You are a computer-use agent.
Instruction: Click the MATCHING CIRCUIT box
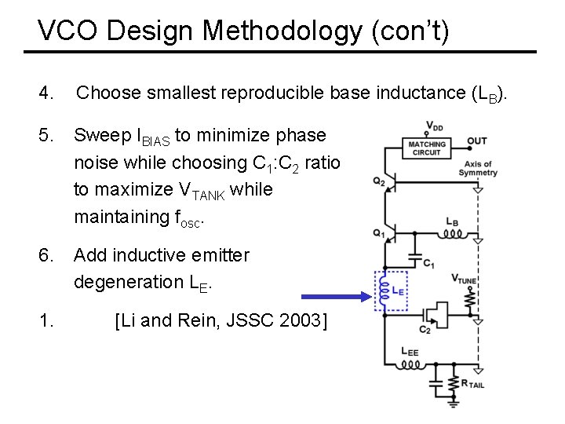coord(427,148)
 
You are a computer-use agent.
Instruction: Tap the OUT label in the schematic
coord(477,141)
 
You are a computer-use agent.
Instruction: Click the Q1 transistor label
coord(379,232)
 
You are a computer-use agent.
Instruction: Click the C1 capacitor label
coord(429,264)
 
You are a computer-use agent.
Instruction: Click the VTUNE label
coord(465,278)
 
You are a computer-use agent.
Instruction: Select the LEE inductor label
coord(409,351)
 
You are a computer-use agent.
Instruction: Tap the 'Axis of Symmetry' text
coord(478,168)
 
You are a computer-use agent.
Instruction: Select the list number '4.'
coord(46,93)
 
